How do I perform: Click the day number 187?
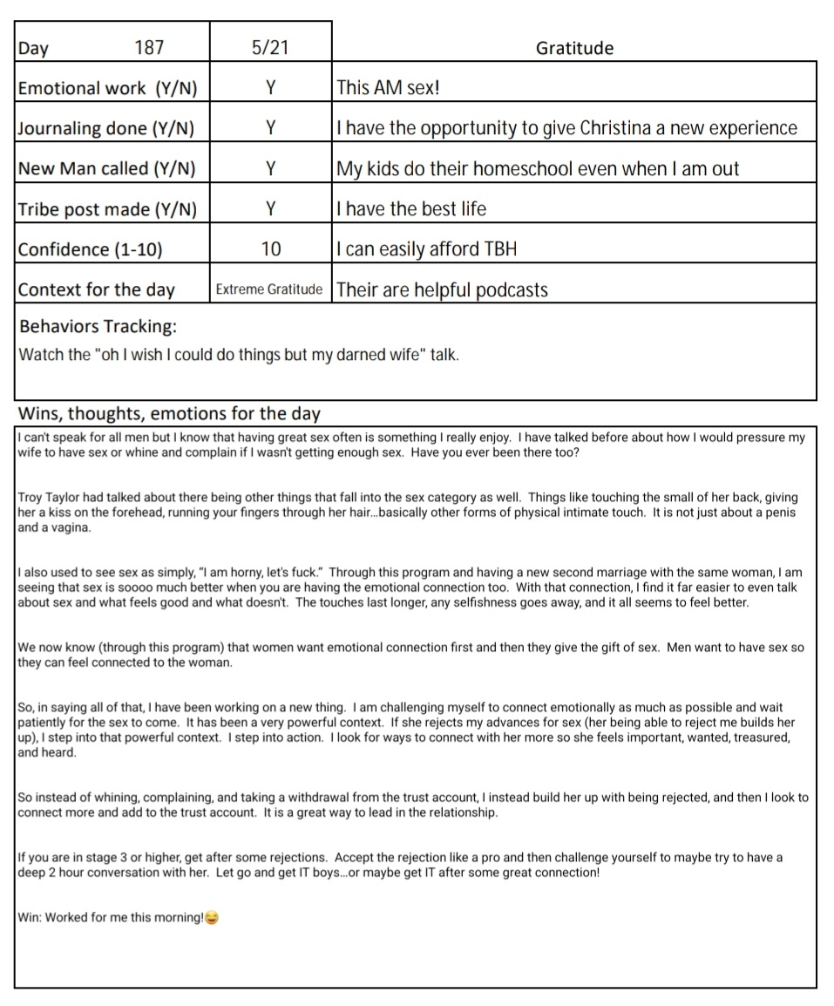(149, 48)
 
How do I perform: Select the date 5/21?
(270, 48)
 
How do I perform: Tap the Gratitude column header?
(574, 48)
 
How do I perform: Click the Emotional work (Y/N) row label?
(108, 88)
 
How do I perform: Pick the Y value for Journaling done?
(270, 128)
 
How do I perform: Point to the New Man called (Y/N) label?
(106, 168)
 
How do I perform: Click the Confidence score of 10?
(270, 249)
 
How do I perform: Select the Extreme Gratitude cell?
(269, 289)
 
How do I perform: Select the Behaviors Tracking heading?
(98, 326)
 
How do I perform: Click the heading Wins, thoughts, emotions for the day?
(169, 413)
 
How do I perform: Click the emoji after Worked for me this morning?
(211, 918)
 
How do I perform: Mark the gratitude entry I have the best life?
(411, 209)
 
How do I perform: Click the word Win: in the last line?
(30, 918)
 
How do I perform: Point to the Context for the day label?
(96, 289)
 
